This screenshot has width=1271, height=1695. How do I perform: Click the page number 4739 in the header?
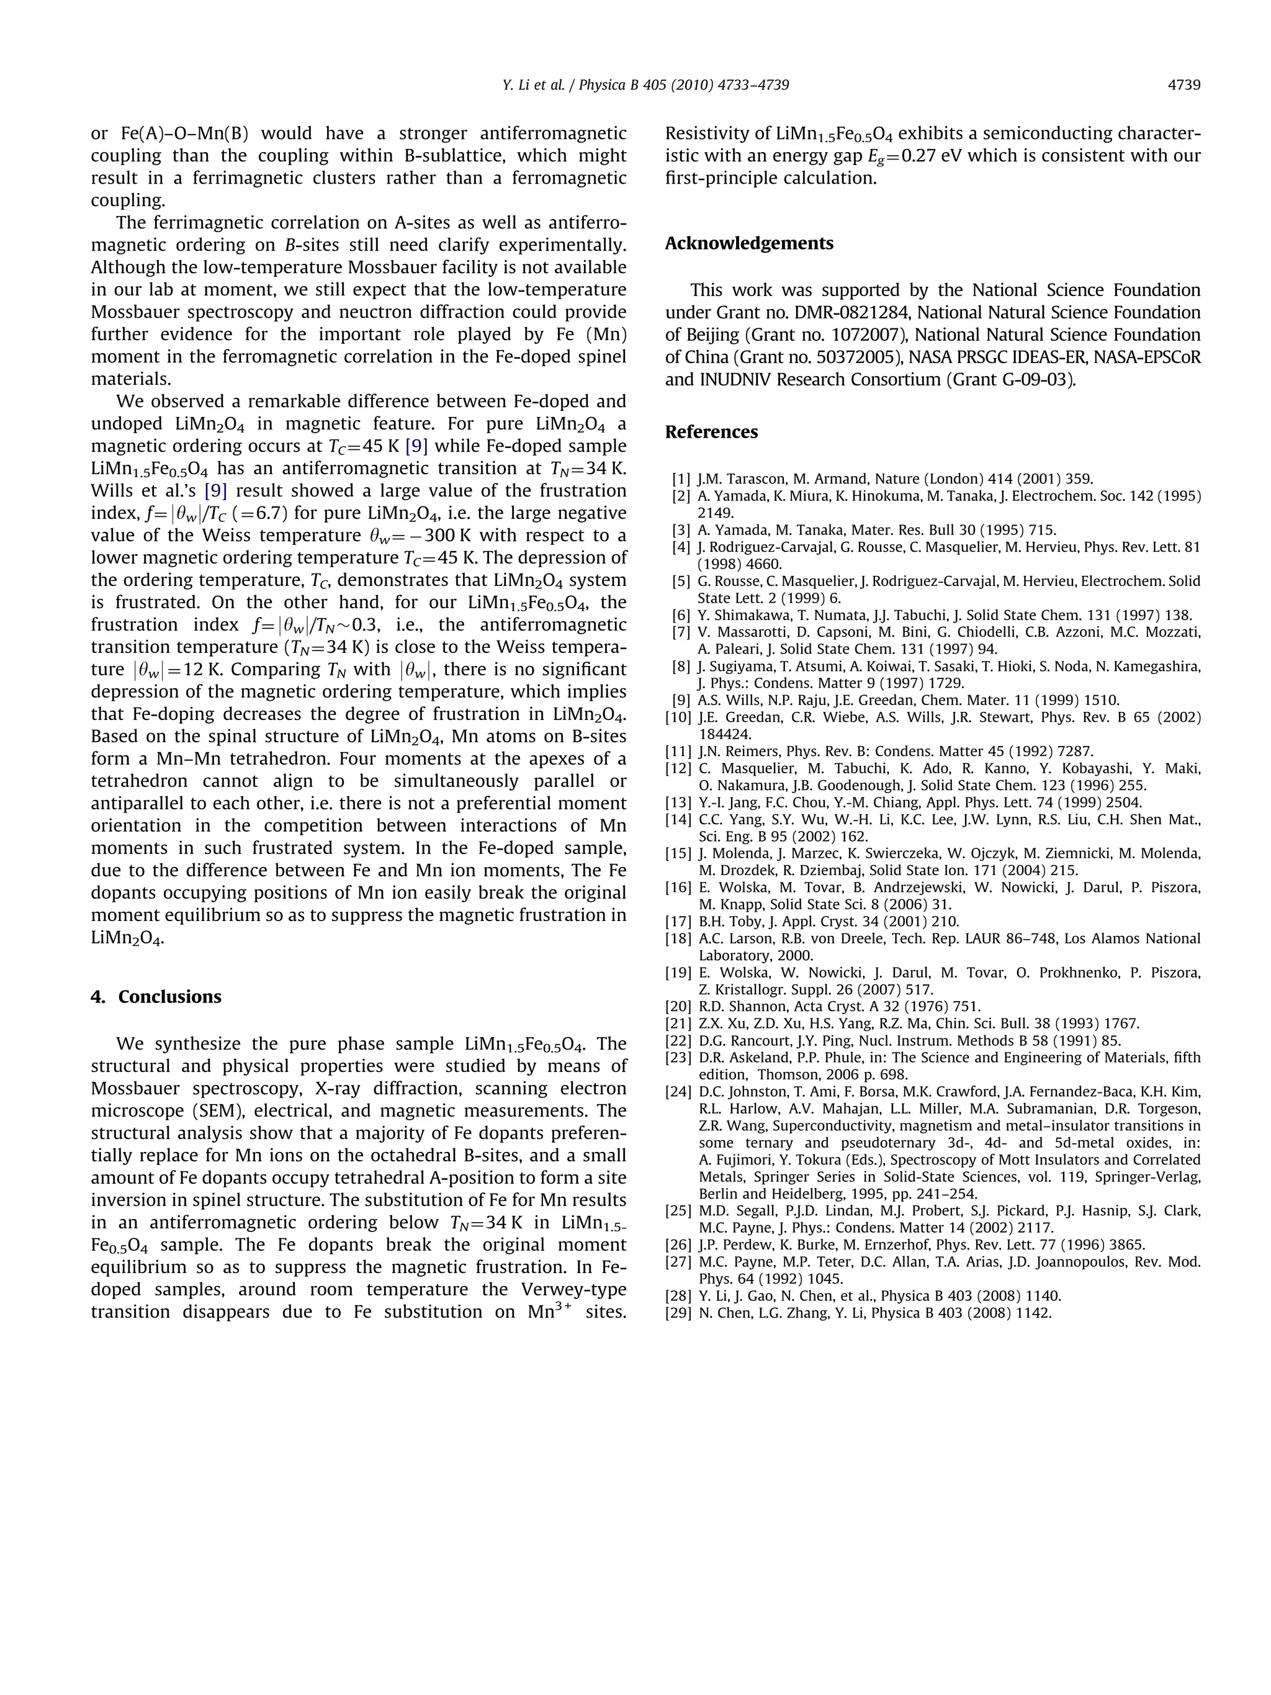pyautogui.click(x=1183, y=85)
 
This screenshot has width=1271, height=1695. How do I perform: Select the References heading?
pyautogui.click(x=711, y=431)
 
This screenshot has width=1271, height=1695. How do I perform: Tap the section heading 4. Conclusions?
pyautogui.click(x=156, y=996)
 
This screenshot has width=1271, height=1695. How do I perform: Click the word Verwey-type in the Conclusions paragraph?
pyautogui.click(x=565, y=1289)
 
